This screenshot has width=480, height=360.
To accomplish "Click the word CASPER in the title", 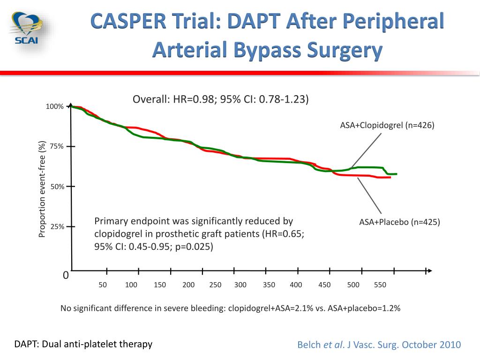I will (x=123, y=22).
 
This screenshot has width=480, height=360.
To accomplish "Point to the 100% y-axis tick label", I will (x=54, y=107).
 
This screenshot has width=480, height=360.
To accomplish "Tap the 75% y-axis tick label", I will (x=56, y=147).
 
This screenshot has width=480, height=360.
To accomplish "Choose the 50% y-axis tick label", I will (x=56, y=187).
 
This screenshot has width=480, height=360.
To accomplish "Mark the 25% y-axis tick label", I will (x=56, y=227).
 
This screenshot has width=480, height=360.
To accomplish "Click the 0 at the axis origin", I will (x=66, y=276).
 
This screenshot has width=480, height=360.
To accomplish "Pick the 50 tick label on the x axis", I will (x=103, y=285).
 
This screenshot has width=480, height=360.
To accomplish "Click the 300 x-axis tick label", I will (x=240, y=285).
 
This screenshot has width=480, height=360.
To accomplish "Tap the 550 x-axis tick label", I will (x=380, y=285).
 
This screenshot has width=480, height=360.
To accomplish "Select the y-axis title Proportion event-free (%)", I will (x=42, y=189).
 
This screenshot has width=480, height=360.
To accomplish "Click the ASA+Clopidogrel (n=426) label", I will (x=387, y=125).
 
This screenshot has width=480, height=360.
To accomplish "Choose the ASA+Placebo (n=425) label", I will (x=399, y=222).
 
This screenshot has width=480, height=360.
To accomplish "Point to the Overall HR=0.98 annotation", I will (x=220, y=99).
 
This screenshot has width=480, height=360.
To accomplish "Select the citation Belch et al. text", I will (x=379, y=345).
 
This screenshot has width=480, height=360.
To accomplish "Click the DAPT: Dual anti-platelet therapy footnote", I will (x=83, y=344).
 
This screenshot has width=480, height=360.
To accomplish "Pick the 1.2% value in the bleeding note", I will (x=390, y=308).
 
